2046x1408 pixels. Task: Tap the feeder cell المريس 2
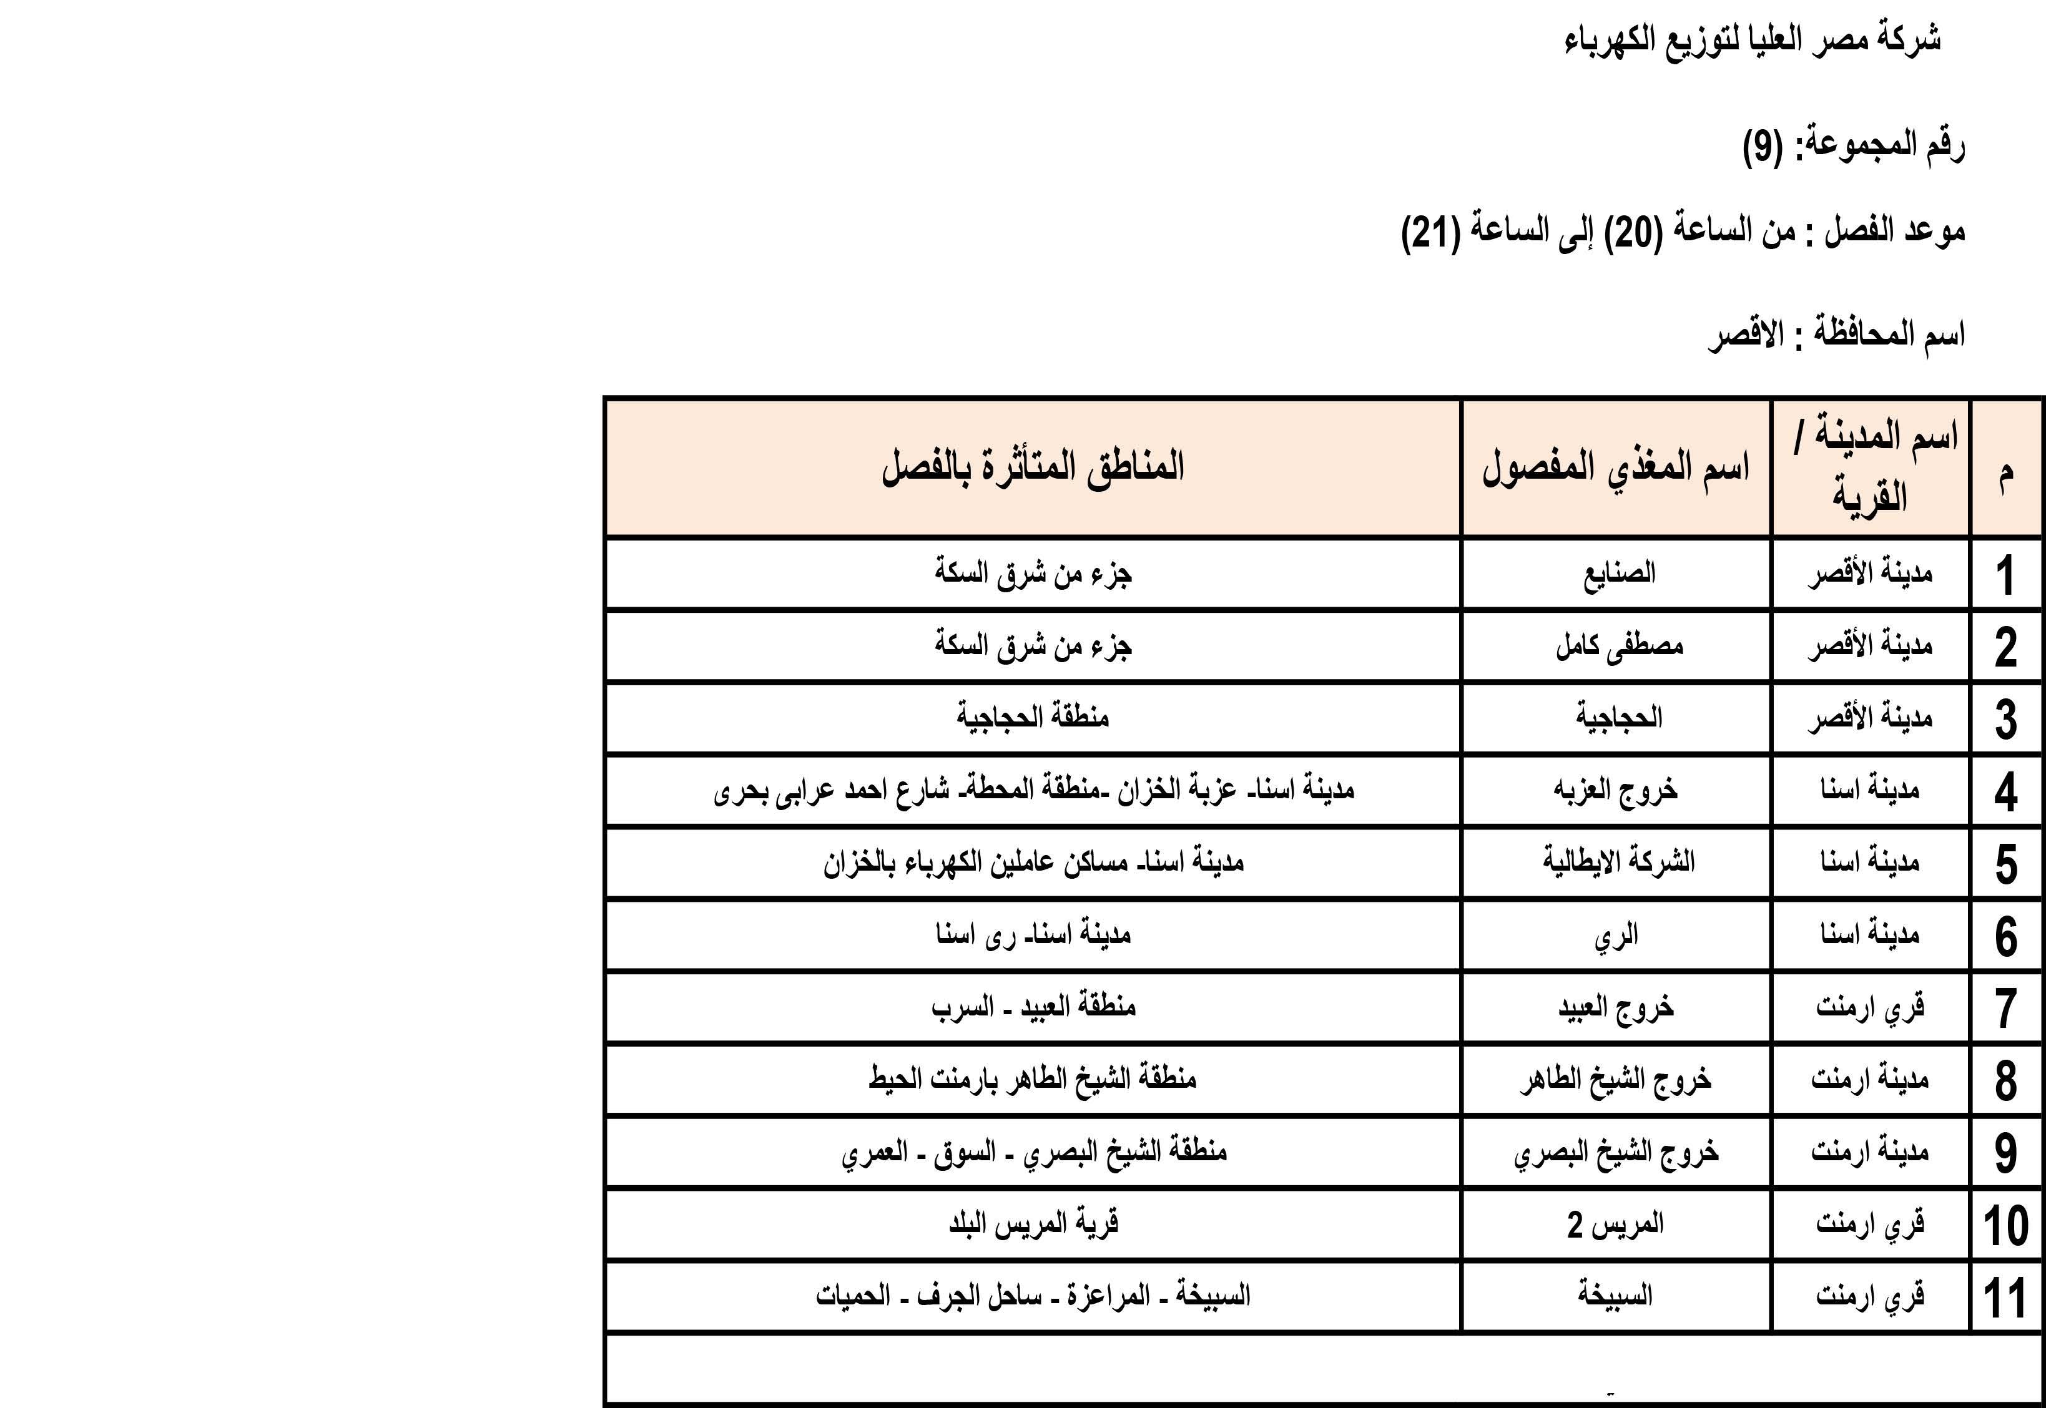pyautogui.click(x=1615, y=1225)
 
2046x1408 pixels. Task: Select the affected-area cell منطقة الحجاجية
pyautogui.click(x=1032, y=717)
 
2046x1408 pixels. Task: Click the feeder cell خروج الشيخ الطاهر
pyautogui.click(x=1615, y=1080)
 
